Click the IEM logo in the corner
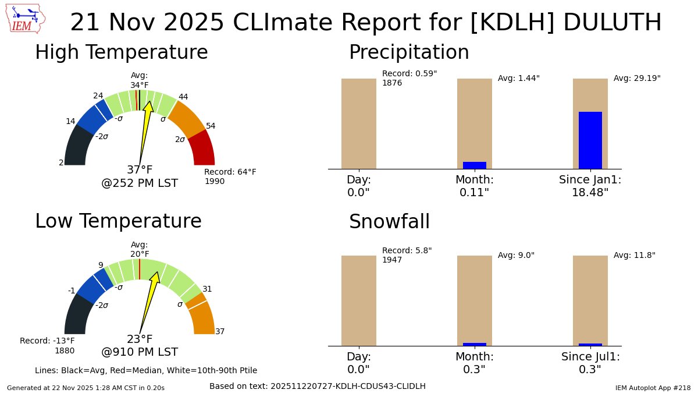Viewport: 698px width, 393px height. pos(27,19)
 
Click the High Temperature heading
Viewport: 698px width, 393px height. pos(121,52)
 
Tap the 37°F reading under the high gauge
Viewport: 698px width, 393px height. pos(140,170)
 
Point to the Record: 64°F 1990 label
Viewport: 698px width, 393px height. pos(230,176)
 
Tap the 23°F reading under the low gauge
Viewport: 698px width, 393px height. pos(140,339)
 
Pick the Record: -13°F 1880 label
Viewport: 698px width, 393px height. pos(47,345)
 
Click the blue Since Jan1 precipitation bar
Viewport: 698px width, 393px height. pos(590,140)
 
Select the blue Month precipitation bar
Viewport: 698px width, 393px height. pos(474,165)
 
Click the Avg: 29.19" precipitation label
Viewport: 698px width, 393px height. pos(637,78)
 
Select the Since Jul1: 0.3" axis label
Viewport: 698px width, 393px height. pos(590,363)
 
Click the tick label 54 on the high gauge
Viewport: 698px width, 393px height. pos(211,126)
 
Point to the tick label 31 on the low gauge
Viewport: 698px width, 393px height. pos(207,289)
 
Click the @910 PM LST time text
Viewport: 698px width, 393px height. pos(140,352)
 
